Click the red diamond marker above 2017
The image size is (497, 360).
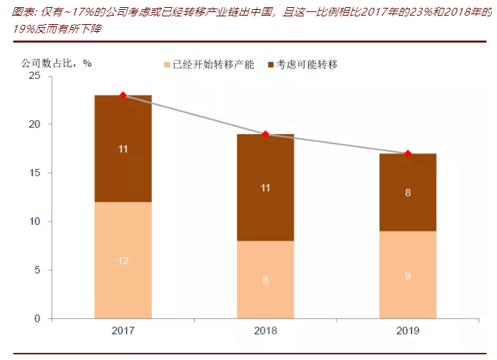(x=123, y=95)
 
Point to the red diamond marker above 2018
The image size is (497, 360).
(x=266, y=134)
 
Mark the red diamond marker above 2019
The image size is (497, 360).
(x=408, y=153)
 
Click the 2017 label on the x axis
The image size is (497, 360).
(x=123, y=331)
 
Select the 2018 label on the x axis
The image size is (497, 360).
(x=266, y=331)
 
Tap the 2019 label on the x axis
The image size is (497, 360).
(x=408, y=331)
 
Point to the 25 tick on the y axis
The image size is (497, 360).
(x=35, y=75)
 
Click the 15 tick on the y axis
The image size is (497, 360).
(x=35, y=173)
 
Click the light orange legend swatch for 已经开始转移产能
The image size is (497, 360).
(x=168, y=65)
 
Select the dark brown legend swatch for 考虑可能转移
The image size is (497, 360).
(x=271, y=65)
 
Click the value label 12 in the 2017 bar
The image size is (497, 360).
(x=123, y=261)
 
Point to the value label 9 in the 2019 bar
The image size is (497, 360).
(x=408, y=275)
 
